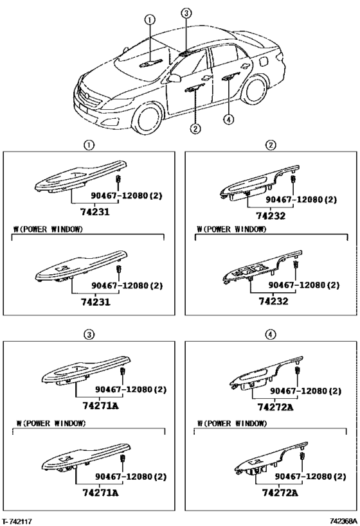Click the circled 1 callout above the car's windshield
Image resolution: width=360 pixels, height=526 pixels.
(150, 20)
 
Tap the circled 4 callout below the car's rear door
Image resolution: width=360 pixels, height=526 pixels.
(228, 119)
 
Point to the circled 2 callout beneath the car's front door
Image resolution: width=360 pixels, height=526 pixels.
(195, 128)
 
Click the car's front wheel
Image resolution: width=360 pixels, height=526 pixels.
(146, 118)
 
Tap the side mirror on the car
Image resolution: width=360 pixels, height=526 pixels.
(174, 78)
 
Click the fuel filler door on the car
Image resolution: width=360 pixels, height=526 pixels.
(264, 61)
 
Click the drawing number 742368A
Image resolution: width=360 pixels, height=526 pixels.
(343, 521)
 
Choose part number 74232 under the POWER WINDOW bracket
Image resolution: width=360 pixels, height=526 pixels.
(273, 301)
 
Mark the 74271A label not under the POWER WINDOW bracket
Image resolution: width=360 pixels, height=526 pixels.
(100, 406)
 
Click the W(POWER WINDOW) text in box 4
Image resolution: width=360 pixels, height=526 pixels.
(232, 423)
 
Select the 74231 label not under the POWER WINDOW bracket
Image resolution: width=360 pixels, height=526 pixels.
(94, 212)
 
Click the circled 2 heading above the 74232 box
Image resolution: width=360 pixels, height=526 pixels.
(271, 145)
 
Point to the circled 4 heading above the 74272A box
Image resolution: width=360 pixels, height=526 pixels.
(271, 334)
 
